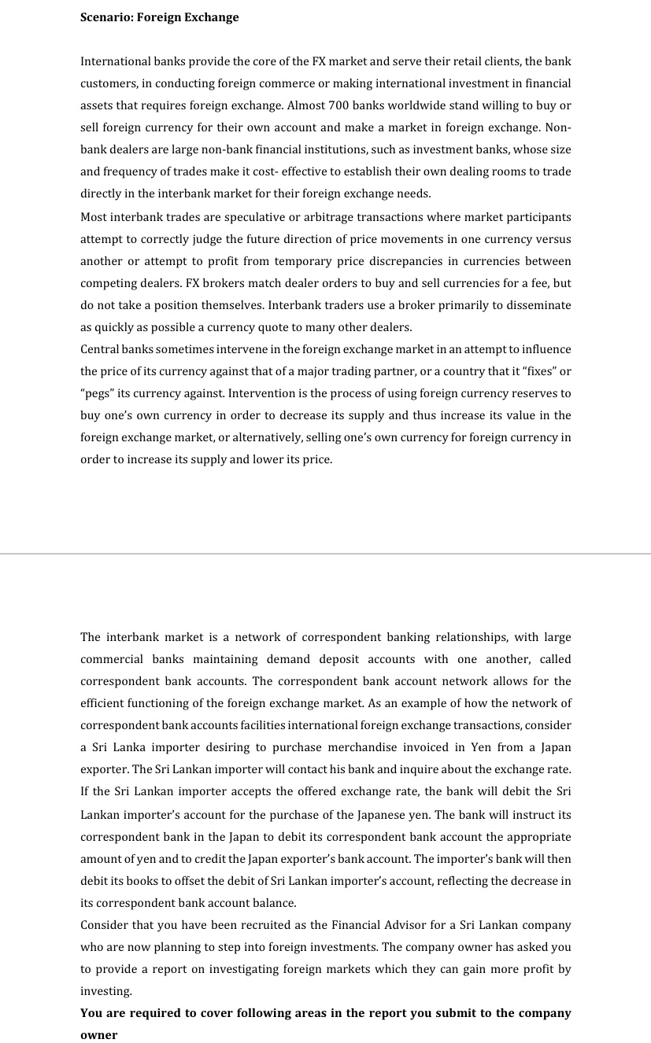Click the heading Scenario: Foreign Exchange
[160, 17]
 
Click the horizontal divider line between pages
[325, 554]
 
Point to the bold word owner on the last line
[99, 1035]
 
